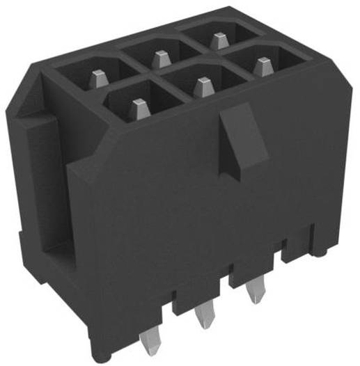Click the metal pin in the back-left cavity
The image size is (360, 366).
pyautogui.click(x=100, y=76)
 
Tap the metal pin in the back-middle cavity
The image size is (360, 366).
pyautogui.click(x=161, y=58)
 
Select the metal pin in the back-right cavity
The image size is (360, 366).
pyautogui.click(x=219, y=39)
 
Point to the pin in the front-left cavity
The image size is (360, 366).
pyautogui.click(x=139, y=109)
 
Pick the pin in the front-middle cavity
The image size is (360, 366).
pyautogui.click(x=202, y=88)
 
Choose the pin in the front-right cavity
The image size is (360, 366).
pyautogui.click(x=261, y=67)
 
